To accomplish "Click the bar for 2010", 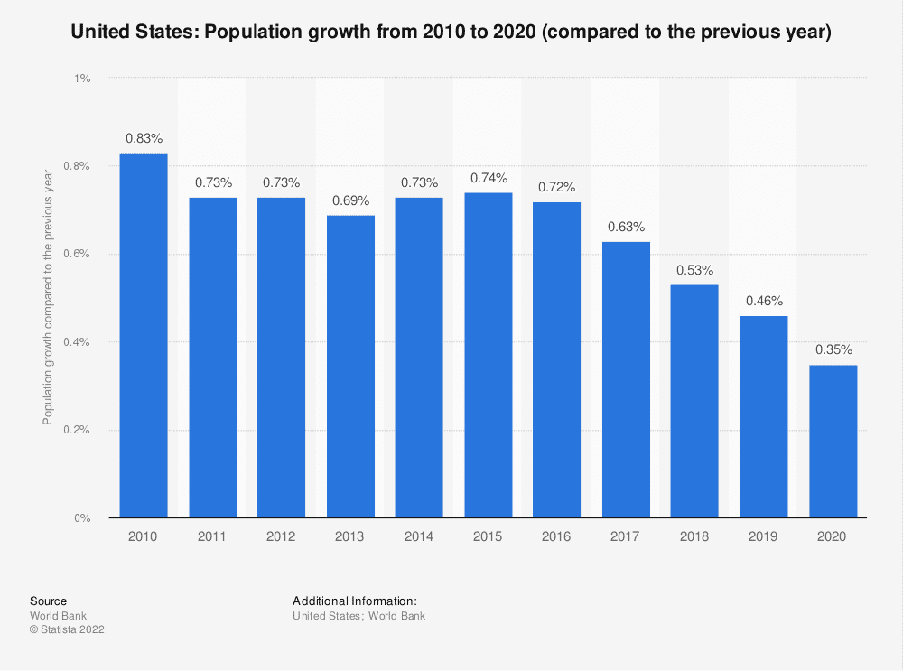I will (x=144, y=335).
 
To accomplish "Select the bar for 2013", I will (x=350, y=366).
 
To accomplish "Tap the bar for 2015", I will (x=488, y=355).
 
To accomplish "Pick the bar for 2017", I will (x=626, y=379).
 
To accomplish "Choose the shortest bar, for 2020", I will (x=833, y=441).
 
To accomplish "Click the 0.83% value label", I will (x=144, y=138).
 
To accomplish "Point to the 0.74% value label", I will (x=488, y=178).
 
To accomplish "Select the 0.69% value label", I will (x=350, y=200).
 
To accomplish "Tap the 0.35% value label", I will (x=833, y=349).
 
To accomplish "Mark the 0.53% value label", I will (x=694, y=270).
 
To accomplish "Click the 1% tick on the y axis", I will (x=82, y=79).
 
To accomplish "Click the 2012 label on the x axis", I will (x=281, y=536).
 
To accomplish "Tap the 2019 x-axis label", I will (x=763, y=536).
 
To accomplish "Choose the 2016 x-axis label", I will (x=556, y=536).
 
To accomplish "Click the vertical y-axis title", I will (x=49, y=298).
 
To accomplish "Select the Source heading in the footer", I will (x=48, y=601).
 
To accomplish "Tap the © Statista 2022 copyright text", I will (x=67, y=630).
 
